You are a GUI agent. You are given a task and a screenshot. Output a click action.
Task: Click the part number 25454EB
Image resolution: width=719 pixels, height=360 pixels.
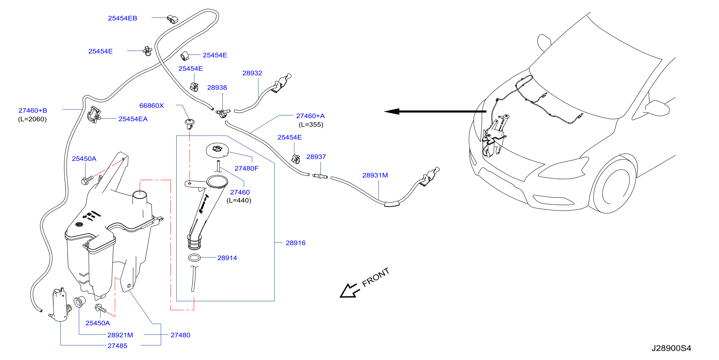point(122,18)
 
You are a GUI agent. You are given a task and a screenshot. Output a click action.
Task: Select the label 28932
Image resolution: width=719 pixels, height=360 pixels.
point(252,73)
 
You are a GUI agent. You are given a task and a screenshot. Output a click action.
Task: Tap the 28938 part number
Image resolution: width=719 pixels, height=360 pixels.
point(217,88)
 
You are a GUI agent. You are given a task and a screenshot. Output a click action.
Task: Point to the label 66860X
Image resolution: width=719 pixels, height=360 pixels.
point(152,106)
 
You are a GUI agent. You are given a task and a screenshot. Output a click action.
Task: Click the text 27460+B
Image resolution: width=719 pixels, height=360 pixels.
point(33,111)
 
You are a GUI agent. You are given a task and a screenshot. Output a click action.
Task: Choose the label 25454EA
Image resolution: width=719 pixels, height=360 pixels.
point(133,119)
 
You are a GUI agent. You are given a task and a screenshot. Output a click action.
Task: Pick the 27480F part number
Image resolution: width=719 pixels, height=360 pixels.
point(247,168)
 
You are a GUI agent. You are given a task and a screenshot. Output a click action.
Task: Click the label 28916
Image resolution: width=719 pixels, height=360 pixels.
point(296,243)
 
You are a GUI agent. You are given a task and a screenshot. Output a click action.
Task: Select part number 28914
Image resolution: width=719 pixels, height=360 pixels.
point(227,258)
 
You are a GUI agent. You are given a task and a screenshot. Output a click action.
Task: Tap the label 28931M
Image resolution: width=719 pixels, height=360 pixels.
point(375,175)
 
